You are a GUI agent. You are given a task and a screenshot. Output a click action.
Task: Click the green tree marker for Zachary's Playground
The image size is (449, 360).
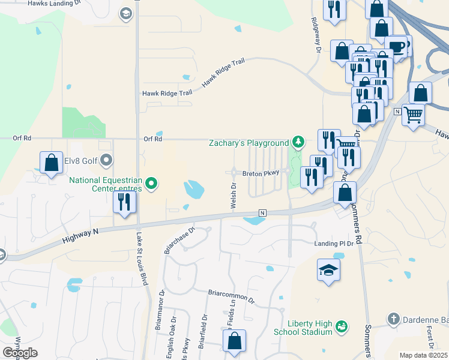(298, 143)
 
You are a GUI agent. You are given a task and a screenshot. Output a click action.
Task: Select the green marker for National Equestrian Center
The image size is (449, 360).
(152, 184)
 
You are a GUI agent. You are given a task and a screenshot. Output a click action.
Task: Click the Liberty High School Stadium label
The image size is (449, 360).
(301, 327)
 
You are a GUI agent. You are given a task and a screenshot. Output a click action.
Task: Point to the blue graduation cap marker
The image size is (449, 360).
(328, 271)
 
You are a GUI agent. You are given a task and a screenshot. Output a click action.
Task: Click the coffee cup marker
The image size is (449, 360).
(396, 46)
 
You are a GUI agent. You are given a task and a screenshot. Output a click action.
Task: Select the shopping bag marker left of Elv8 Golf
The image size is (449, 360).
(52, 162)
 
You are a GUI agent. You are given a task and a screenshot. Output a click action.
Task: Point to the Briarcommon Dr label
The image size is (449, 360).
(232, 294)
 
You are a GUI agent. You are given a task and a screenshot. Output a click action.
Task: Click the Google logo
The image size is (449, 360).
(20, 352)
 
